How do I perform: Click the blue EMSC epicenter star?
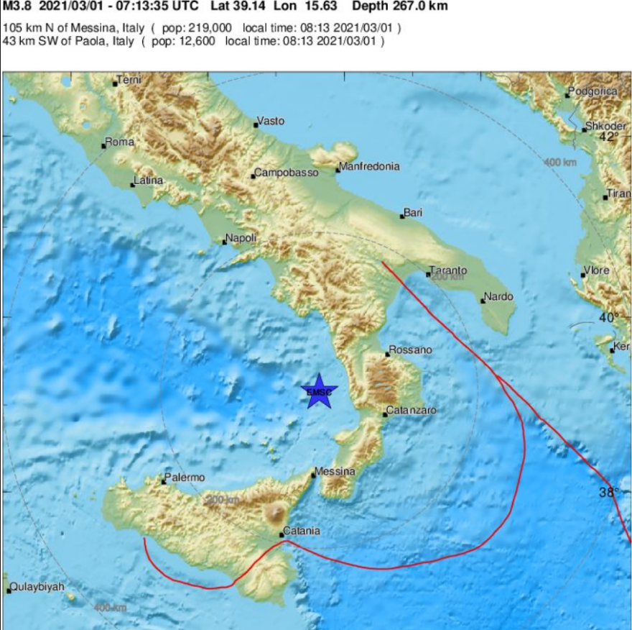(318, 391)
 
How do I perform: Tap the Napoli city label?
(241, 238)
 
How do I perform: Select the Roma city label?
(120, 142)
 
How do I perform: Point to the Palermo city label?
(185, 478)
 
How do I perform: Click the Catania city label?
(302, 531)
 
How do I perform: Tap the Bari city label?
(413, 213)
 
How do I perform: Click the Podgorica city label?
(592, 91)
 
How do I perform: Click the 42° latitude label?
(609, 137)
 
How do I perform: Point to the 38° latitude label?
(609, 493)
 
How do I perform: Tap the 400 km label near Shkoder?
(560, 163)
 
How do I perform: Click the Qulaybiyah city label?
(38, 587)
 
